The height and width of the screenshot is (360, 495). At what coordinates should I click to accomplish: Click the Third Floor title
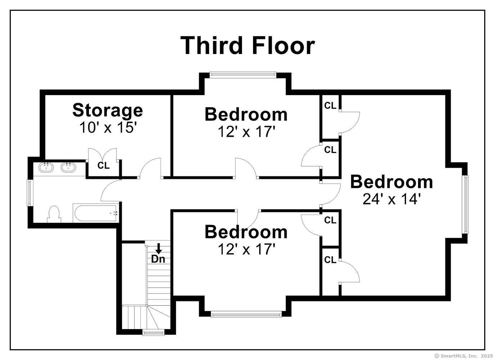point(248,45)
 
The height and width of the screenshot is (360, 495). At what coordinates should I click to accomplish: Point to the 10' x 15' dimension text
point(107,127)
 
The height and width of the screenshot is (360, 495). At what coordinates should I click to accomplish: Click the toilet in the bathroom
point(54,214)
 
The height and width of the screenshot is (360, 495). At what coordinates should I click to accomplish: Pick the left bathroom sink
point(46,167)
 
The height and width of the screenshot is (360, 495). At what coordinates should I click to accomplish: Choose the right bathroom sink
point(68,167)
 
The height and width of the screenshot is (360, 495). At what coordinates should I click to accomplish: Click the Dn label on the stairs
point(158,259)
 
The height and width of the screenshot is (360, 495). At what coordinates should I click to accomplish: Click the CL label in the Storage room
point(104,165)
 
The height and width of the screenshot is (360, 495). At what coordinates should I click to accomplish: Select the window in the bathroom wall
point(29,193)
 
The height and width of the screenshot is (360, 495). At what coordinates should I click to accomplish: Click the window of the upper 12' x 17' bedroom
point(243,75)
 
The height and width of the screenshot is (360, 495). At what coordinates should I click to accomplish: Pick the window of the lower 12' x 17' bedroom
point(246,314)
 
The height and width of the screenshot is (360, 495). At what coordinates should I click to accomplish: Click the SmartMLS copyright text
point(464,356)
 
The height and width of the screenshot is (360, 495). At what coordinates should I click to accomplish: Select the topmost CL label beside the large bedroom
point(330,106)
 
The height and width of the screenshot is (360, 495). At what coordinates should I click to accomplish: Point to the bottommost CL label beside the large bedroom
point(330,260)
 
